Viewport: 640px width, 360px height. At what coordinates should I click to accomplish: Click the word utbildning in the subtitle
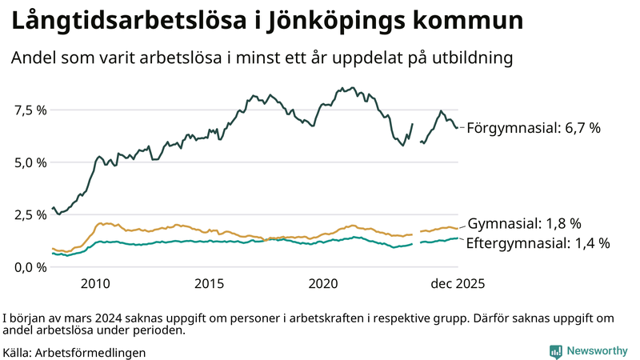466,58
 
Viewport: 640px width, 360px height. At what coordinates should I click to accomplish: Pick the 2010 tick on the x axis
95,283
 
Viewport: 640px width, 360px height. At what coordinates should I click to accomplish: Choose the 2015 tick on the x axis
210,283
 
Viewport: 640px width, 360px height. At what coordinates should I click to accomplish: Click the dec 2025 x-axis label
458,283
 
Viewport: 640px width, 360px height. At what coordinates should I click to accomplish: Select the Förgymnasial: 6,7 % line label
533,127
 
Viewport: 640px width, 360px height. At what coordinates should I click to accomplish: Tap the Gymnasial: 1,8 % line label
524,223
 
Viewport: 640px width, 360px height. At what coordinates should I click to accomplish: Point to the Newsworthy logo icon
555,350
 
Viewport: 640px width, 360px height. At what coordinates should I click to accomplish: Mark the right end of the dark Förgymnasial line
458,127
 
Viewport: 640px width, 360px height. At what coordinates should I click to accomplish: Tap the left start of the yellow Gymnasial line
53,248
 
